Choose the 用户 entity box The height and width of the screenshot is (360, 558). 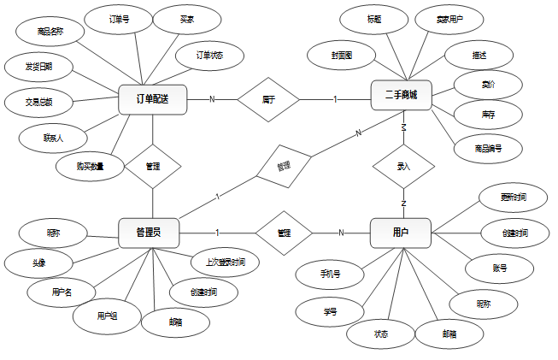[x=400, y=233]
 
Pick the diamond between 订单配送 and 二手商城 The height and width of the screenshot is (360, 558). [x=268, y=99]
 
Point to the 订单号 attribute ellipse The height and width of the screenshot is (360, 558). [x=120, y=19]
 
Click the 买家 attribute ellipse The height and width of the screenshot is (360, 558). [x=186, y=19]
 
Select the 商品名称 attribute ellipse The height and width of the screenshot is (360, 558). [x=50, y=32]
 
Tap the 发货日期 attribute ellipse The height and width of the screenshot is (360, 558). [x=34, y=67]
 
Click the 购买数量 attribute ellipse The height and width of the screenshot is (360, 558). [x=90, y=166]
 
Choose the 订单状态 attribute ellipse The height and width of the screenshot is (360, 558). [x=209, y=56]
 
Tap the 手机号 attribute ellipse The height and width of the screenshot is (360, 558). [x=330, y=274]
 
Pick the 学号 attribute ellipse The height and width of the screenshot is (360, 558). [x=331, y=311]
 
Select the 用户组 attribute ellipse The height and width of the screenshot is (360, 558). [x=107, y=316]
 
